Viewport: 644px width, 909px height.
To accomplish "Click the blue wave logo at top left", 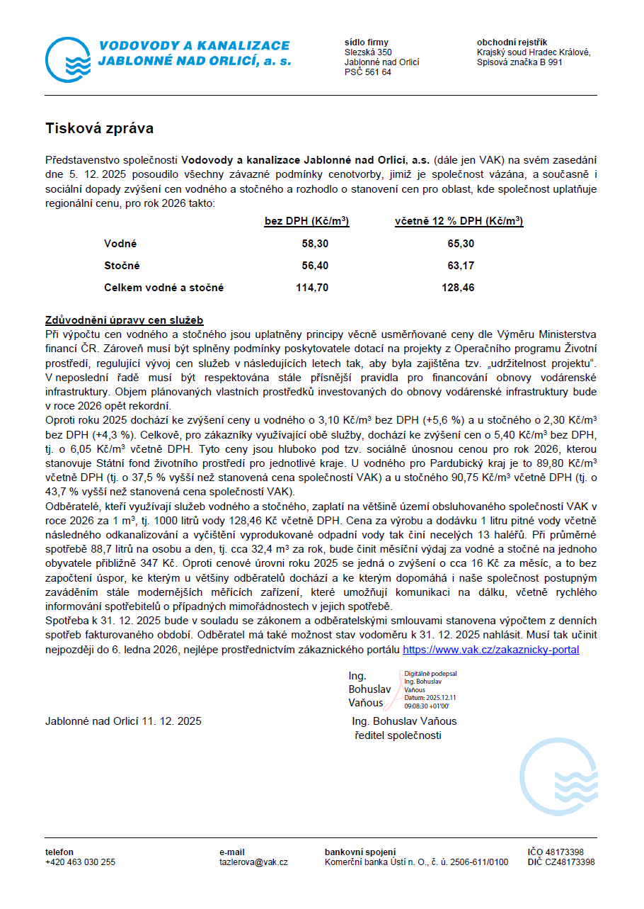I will (x=69, y=60).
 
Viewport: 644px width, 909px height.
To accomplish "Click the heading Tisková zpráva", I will (x=99, y=129).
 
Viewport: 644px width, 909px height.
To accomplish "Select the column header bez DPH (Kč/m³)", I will (x=306, y=222).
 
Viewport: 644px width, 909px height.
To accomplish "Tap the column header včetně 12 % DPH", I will (x=459, y=222).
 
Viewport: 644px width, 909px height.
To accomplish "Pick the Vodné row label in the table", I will (x=120, y=244).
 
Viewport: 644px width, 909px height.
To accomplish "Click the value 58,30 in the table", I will (x=316, y=244).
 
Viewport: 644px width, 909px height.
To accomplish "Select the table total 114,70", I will (x=313, y=288).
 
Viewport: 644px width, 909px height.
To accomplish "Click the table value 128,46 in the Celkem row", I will (x=458, y=288).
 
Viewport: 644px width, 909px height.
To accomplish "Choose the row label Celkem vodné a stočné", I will (x=163, y=288).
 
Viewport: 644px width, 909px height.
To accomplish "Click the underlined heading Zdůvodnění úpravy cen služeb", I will (x=125, y=320).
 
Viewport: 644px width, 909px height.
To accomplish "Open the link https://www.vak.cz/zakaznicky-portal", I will (x=490, y=650).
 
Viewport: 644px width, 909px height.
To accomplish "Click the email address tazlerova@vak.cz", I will (x=253, y=862).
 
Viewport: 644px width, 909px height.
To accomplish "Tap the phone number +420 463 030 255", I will (x=80, y=862).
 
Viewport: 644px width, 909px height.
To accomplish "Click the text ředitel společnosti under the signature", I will (x=398, y=735).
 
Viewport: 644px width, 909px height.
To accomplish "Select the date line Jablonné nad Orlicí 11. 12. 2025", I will (x=123, y=721).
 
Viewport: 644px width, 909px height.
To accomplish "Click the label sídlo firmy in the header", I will (x=366, y=43).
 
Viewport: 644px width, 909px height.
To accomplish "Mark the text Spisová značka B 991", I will (x=519, y=62).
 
